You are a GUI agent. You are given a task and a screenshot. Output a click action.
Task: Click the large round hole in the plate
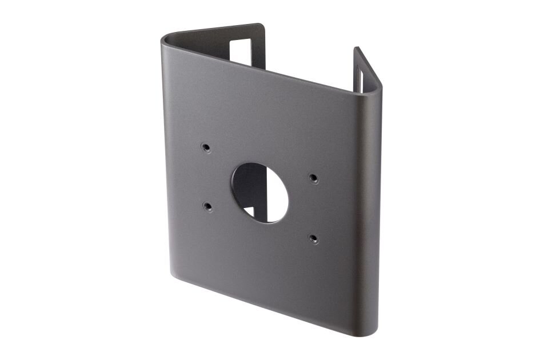coord(259,193)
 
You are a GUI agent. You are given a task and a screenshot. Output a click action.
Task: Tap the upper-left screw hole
coord(205,147)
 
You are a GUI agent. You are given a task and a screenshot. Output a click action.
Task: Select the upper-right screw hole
coord(313,178)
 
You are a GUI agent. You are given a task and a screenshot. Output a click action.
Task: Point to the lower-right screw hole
coord(313,238)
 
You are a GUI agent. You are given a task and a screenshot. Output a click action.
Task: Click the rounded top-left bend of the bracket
coord(167,43)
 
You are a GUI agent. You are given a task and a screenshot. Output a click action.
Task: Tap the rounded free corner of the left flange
coord(260,26)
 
